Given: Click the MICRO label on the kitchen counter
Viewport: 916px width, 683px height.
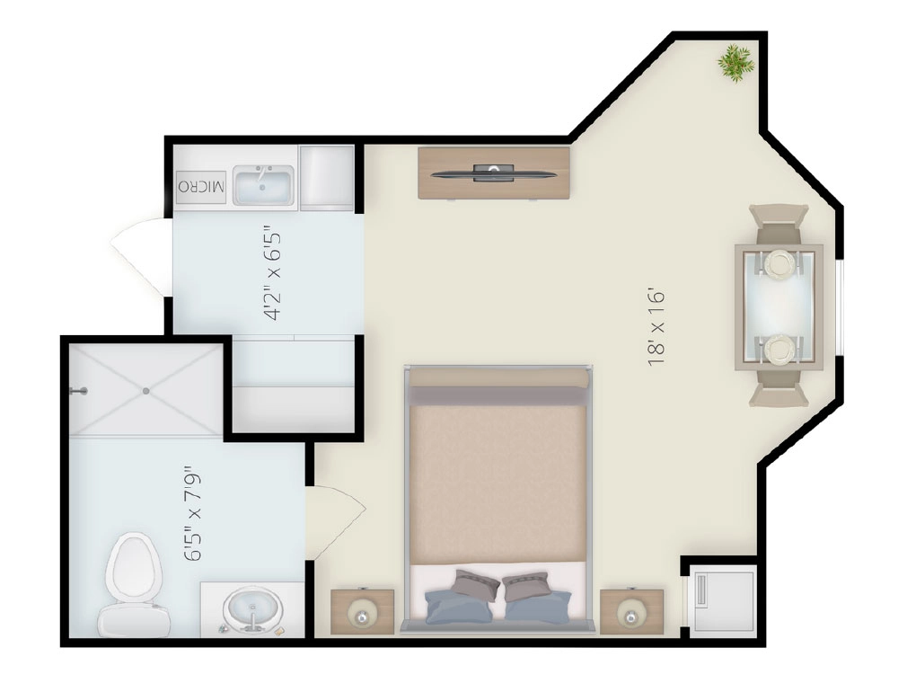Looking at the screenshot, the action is click(201, 187).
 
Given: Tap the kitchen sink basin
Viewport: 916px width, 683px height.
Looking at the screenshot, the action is click(263, 185).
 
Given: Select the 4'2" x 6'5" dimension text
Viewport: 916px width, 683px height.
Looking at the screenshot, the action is click(272, 272).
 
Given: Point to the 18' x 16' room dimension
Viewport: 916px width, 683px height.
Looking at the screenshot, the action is click(656, 327).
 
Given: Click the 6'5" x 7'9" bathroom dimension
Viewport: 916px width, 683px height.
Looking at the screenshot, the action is click(192, 513).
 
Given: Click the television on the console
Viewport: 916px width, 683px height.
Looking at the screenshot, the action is click(494, 173).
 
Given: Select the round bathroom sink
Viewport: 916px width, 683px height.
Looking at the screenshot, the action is click(252, 610).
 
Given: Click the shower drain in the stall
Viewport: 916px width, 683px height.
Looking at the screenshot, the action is click(146, 391).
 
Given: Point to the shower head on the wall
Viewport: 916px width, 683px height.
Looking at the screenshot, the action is click(79, 391).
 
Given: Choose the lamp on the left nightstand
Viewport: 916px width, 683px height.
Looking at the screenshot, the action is click(362, 616).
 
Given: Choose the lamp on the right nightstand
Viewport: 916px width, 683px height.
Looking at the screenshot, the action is click(631, 616).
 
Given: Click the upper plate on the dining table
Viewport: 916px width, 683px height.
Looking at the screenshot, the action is click(779, 263).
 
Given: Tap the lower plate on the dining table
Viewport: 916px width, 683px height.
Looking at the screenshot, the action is click(779, 349).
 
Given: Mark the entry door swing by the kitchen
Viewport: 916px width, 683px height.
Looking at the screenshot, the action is click(140, 257).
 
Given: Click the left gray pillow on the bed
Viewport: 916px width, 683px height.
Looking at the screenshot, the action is click(477, 585).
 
